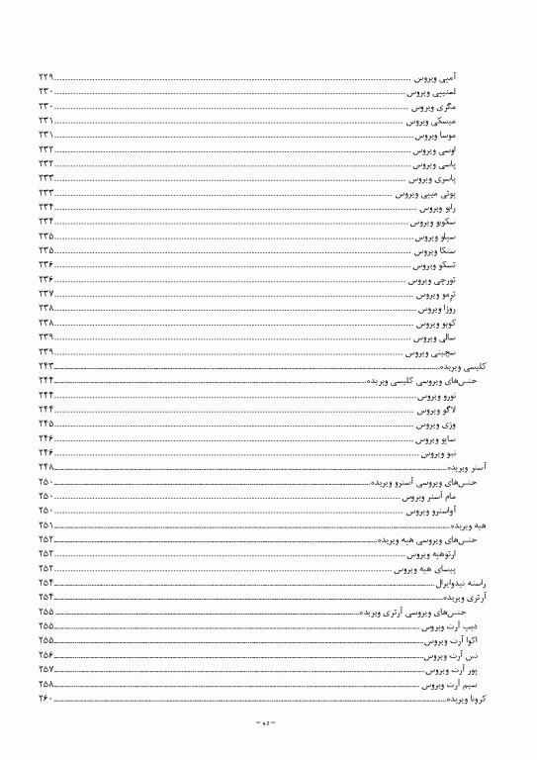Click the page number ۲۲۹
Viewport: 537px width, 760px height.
click(x=45, y=76)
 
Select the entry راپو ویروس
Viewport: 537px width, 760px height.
click(x=437, y=208)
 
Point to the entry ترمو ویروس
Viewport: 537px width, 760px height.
click(x=435, y=295)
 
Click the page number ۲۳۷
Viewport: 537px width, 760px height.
click(x=45, y=295)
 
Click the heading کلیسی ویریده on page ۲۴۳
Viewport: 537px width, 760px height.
click(x=465, y=367)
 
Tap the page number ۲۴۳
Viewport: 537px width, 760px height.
click(x=45, y=367)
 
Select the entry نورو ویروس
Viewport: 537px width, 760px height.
click(x=437, y=396)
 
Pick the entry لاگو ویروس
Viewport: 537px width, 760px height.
click(x=437, y=411)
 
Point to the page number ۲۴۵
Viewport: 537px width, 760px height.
click(x=45, y=425)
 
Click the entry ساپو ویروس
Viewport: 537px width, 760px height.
click(x=436, y=439)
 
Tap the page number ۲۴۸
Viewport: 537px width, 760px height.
click(x=45, y=468)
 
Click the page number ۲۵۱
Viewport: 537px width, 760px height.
click(x=45, y=525)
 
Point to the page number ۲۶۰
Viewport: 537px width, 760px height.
click(x=45, y=700)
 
